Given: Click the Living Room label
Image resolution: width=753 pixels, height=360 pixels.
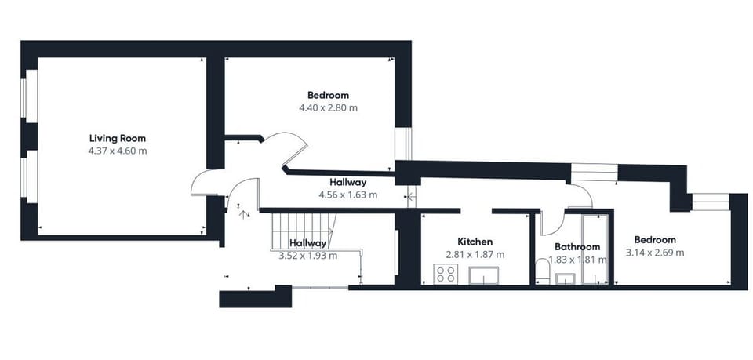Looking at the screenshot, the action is pyautogui.click(x=118, y=139).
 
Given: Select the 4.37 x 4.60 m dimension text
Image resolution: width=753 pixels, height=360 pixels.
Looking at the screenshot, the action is pyautogui.click(x=118, y=151).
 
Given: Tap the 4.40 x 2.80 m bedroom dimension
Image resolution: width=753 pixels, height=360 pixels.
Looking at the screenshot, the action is pyautogui.click(x=329, y=108).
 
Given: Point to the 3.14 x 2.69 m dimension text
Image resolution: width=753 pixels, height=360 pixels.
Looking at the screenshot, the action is pyautogui.click(x=655, y=253).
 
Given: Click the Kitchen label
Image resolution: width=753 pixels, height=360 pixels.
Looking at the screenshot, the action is pyautogui.click(x=475, y=242).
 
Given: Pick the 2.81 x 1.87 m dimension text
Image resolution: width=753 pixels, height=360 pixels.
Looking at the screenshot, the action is pyautogui.click(x=475, y=254).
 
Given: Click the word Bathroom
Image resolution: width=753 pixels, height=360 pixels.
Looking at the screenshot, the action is pyautogui.click(x=577, y=247).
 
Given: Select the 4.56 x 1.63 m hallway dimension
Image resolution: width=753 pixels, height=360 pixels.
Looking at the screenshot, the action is pyautogui.click(x=348, y=195).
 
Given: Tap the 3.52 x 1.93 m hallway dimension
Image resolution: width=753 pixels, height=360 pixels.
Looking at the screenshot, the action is pyautogui.click(x=307, y=256).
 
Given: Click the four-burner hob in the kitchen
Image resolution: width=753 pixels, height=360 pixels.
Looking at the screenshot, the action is pyautogui.click(x=446, y=274).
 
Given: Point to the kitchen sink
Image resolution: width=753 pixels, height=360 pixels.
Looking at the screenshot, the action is pyautogui.click(x=484, y=275).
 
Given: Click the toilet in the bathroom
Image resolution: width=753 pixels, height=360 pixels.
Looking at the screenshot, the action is pyautogui.click(x=542, y=272).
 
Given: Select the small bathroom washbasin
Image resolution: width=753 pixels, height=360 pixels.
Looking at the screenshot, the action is pyautogui.click(x=566, y=279).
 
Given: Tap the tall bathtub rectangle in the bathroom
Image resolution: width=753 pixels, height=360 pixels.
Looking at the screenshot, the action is pyautogui.click(x=595, y=249).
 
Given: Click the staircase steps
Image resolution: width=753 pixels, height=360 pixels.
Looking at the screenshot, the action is pyautogui.click(x=304, y=231).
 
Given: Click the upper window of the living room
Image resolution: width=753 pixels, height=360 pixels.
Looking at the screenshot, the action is pyautogui.click(x=31, y=93).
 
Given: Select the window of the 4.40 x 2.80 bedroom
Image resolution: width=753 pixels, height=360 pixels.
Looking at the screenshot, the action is pyautogui.click(x=403, y=144).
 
